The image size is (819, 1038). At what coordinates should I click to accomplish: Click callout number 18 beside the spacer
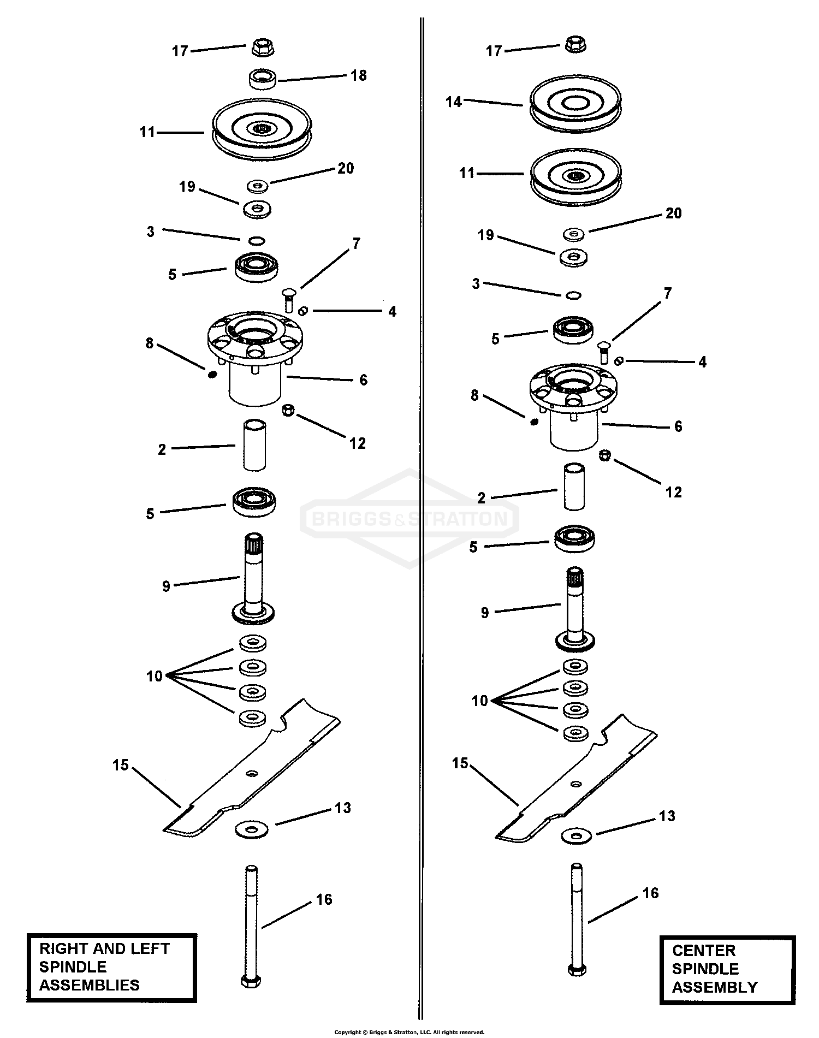point(358,75)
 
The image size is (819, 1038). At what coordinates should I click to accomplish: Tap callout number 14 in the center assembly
point(453,102)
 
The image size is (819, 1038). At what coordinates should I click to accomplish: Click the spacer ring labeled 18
point(263,79)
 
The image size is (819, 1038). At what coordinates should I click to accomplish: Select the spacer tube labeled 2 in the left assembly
point(254,445)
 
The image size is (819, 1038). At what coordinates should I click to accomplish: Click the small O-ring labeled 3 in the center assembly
point(573,295)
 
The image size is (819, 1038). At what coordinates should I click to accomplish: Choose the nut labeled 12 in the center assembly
point(605,455)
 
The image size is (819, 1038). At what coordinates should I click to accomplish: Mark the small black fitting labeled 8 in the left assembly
point(213,374)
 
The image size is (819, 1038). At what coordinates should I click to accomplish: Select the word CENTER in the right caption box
point(704,951)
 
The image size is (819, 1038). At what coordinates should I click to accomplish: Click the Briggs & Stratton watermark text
point(410,518)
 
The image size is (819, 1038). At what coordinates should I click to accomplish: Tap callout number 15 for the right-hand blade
point(460,763)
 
